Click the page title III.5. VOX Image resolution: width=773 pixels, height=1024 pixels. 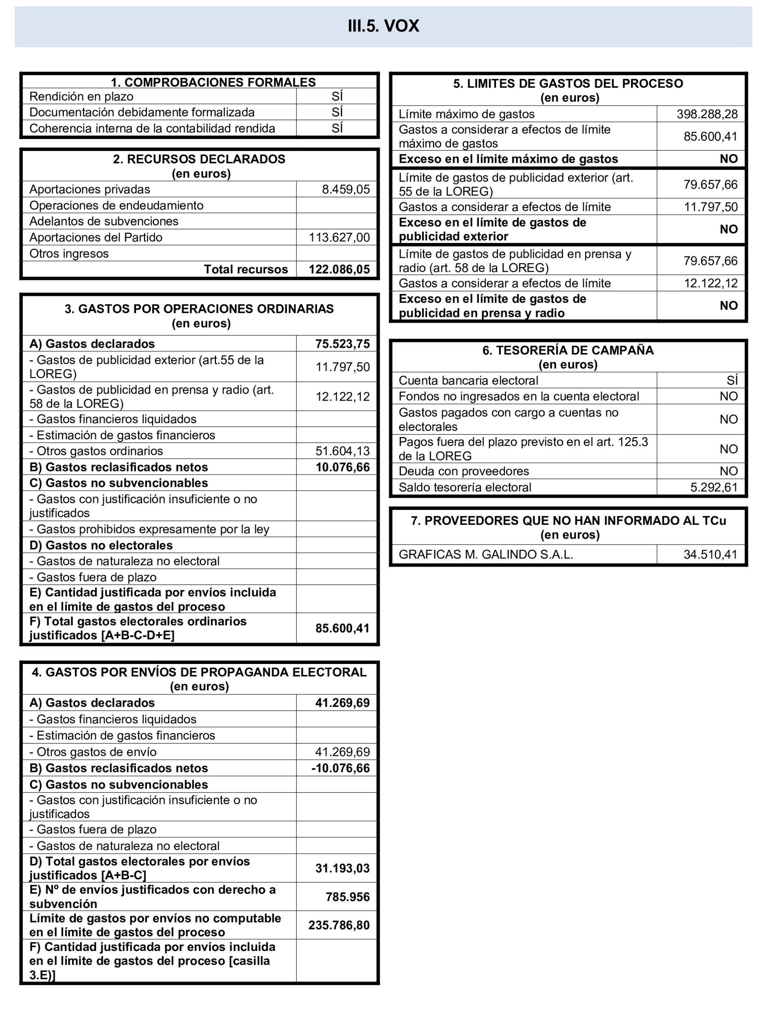[x=384, y=26]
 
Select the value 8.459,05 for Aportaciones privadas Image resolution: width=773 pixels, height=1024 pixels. [x=346, y=189]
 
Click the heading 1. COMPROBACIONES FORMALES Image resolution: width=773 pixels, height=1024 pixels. [x=213, y=82]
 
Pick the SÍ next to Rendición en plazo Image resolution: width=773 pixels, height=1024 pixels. [x=337, y=96]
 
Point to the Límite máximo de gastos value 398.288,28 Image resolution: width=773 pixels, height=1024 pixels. [x=707, y=114]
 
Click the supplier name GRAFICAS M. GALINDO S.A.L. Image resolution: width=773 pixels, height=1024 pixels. [x=486, y=554]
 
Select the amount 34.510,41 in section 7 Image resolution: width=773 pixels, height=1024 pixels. [x=710, y=554]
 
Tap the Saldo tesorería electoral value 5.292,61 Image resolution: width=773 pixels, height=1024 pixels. [x=714, y=487]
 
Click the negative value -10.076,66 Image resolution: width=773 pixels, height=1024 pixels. [x=340, y=768]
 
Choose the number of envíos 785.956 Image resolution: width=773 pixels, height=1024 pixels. [x=347, y=897]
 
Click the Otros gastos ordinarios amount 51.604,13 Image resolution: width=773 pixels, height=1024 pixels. [x=343, y=451]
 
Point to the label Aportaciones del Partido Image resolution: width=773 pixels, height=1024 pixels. [x=96, y=238]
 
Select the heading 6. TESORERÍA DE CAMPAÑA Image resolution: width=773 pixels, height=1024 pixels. [x=568, y=350]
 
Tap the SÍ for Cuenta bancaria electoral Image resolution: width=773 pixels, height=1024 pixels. [x=732, y=381]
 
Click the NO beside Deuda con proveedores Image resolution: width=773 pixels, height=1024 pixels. [x=729, y=471]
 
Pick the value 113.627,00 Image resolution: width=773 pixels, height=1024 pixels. [x=339, y=238]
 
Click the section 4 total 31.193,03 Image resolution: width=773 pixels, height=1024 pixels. [x=342, y=868]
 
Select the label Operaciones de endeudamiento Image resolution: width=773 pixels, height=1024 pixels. [x=116, y=205]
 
